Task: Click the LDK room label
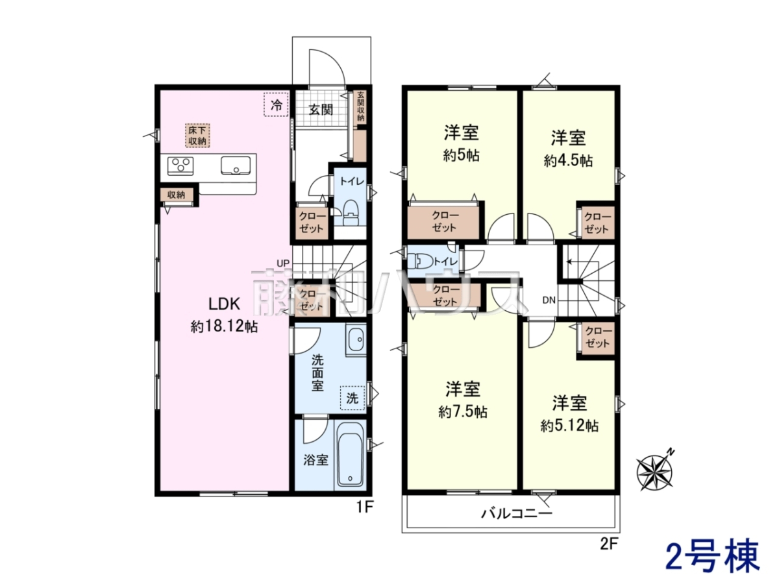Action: [x=224, y=304]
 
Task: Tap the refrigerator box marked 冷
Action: [x=276, y=104]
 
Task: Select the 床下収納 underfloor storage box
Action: [x=197, y=135]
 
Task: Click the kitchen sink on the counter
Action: [x=235, y=165]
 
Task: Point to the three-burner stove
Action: [x=180, y=165]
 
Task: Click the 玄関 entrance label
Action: [x=321, y=110]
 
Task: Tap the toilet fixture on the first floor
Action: [x=351, y=213]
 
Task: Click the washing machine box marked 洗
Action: [x=352, y=398]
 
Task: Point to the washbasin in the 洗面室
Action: [x=356, y=339]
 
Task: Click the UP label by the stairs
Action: [x=283, y=263]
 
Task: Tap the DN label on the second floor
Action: [x=549, y=300]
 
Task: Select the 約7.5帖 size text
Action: [x=463, y=412]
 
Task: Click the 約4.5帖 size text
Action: [x=568, y=161]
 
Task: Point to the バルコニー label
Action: [x=517, y=513]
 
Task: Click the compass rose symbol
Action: [x=655, y=472]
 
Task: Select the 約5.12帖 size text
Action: [x=569, y=426]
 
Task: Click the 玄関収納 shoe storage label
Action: [x=360, y=106]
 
